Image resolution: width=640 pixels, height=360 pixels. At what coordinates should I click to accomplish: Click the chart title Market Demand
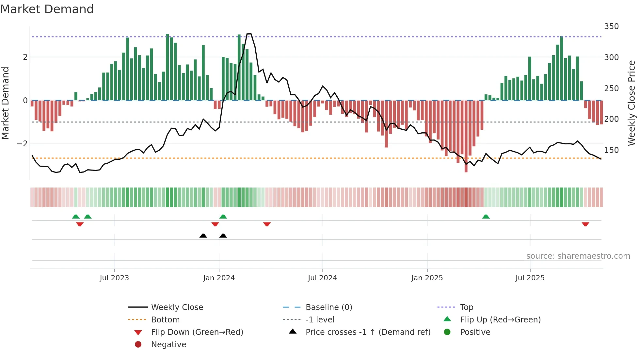47,9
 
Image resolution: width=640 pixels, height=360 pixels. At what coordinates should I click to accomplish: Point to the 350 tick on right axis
611,26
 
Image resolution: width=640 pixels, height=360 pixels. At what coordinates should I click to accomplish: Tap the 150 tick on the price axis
611,150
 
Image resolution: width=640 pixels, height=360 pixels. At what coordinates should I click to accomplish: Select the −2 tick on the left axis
22,144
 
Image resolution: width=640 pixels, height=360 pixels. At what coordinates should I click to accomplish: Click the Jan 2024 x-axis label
219,278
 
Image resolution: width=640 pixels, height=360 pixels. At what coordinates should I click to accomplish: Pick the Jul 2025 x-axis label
530,278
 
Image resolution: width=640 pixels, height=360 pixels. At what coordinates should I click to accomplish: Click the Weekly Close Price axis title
632,103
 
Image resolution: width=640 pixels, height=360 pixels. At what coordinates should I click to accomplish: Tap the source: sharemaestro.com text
578,256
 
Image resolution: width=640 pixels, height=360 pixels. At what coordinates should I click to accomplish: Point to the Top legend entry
467,307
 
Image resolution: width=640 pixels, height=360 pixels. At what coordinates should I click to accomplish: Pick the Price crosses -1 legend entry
368,332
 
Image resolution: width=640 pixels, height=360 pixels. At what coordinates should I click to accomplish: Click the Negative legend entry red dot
138,345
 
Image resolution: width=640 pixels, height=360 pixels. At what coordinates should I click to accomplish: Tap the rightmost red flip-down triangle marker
585,224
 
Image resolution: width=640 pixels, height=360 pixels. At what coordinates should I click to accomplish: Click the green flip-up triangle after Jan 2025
486,217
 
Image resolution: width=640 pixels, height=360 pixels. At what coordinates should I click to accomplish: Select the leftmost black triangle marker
203,236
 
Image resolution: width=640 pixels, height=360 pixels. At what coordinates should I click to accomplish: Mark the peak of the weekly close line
249,34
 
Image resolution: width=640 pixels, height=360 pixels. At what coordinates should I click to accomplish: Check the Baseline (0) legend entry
329,307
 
